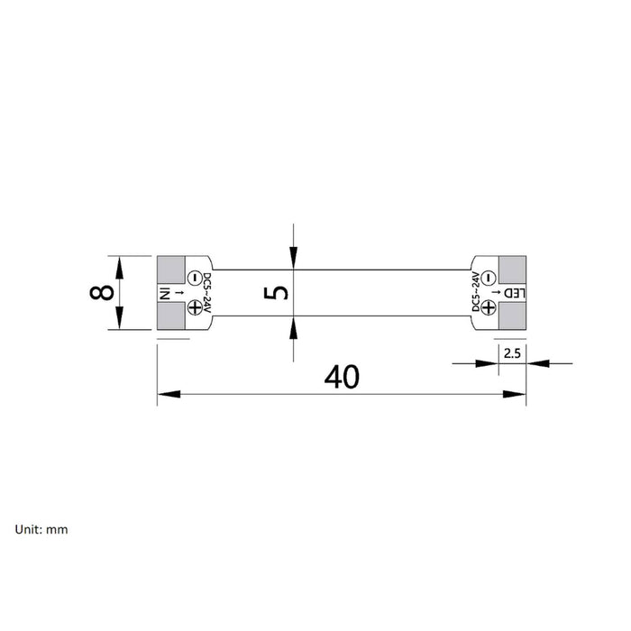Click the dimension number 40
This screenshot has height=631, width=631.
pyautogui.click(x=342, y=377)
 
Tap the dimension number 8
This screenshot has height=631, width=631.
pyautogui.click(x=101, y=293)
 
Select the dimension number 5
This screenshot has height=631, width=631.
pyautogui.click(x=276, y=293)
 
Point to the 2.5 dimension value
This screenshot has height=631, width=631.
pyautogui.click(x=512, y=353)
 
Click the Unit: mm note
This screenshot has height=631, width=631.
pyautogui.click(x=41, y=529)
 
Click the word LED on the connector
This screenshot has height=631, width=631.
pyautogui.click(x=515, y=293)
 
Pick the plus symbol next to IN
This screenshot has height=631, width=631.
pyautogui.click(x=195, y=308)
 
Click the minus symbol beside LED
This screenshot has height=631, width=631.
pyautogui.click(x=489, y=278)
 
